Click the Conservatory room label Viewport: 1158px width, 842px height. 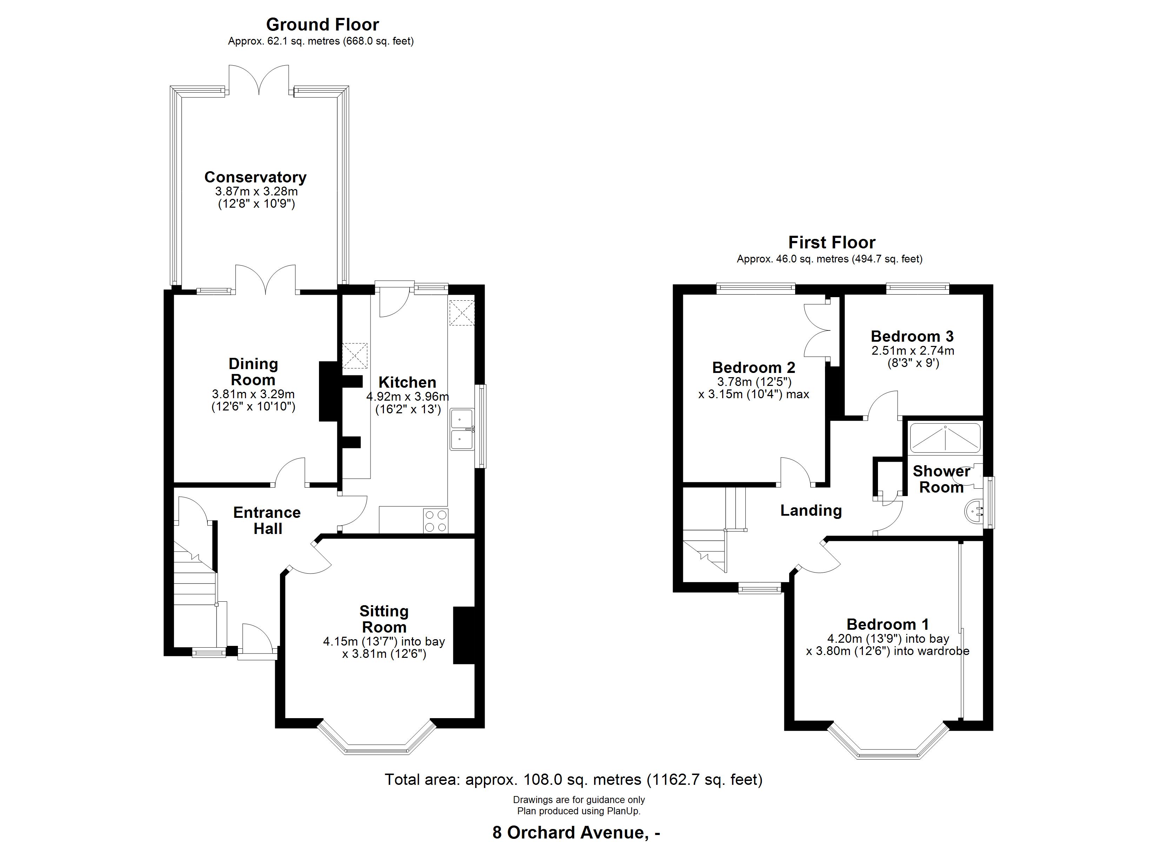click(x=255, y=177)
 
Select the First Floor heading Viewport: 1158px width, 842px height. click(x=832, y=242)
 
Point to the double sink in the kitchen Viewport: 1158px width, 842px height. click(x=462, y=429)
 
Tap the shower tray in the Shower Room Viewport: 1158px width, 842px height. click(x=945, y=437)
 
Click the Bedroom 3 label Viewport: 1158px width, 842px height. click(x=912, y=336)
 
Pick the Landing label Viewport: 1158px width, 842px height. click(x=811, y=510)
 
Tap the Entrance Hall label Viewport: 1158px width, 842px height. click(x=267, y=520)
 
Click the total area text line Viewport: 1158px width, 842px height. click(x=573, y=780)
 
